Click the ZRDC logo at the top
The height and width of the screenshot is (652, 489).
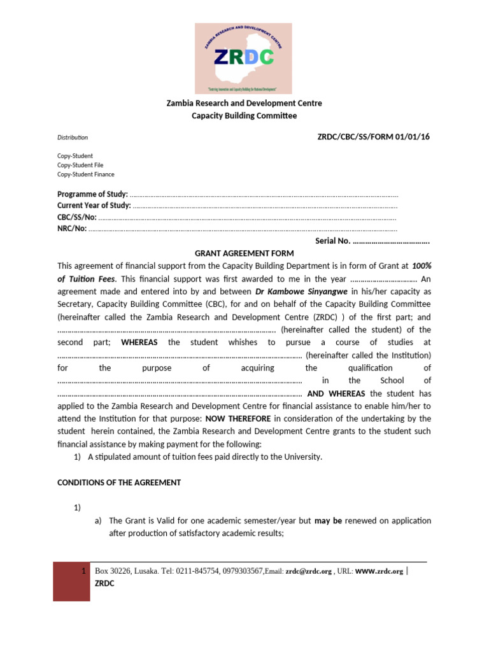(x=244, y=58)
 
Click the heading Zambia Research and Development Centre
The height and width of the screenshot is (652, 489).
(x=244, y=103)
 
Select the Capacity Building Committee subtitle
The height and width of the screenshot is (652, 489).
(x=244, y=116)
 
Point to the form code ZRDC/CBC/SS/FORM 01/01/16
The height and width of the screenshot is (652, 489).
(x=374, y=138)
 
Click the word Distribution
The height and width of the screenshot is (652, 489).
(x=73, y=138)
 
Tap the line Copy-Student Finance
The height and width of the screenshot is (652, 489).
(x=86, y=174)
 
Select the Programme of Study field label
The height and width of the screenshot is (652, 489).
(x=92, y=194)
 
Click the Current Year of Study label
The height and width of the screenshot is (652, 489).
(x=94, y=205)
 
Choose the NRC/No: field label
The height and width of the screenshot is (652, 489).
(x=72, y=229)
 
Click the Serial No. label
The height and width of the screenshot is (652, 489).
(x=333, y=241)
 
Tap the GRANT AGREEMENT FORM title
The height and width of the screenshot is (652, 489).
(x=244, y=253)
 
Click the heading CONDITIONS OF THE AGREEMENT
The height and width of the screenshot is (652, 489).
(x=119, y=483)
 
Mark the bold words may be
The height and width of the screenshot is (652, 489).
(x=328, y=521)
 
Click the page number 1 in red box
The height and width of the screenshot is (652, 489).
(x=85, y=571)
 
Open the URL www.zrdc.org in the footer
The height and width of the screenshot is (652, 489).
(x=379, y=572)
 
